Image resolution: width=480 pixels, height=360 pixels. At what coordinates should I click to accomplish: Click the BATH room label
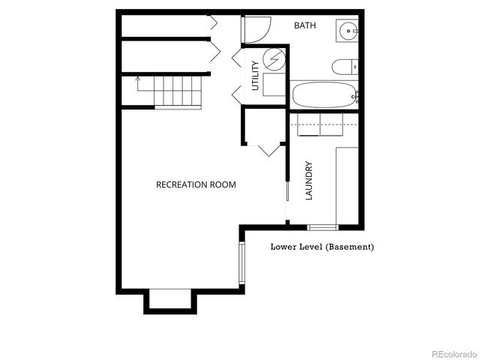[304, 25]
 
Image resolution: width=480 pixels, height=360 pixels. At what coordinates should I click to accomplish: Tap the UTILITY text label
[255, 75]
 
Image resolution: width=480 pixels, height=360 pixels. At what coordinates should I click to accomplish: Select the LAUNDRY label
[308, 181]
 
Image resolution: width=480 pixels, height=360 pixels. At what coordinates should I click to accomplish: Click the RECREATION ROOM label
[196, 184]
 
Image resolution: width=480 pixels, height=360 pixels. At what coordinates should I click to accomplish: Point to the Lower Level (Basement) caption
[322, 247]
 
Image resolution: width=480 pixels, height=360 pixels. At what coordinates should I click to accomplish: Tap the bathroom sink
[347, 31]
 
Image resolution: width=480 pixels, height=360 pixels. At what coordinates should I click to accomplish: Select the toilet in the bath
[343, 67]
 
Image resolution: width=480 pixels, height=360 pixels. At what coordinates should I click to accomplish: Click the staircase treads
[178, 91]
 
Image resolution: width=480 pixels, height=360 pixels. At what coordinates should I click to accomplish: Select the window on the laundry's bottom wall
[322, 226]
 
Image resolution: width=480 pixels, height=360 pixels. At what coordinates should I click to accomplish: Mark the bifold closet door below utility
[268, 149]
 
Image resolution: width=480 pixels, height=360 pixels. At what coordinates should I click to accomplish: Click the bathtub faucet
[356, 95]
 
